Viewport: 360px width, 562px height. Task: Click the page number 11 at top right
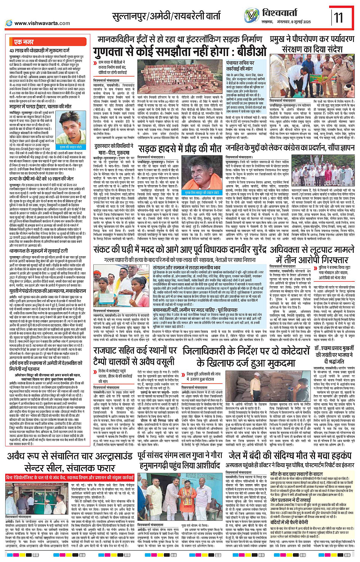pos(338,18)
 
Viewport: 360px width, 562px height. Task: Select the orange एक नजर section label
pos(23,42)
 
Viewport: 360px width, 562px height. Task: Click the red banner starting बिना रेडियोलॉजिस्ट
pos(69,477)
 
